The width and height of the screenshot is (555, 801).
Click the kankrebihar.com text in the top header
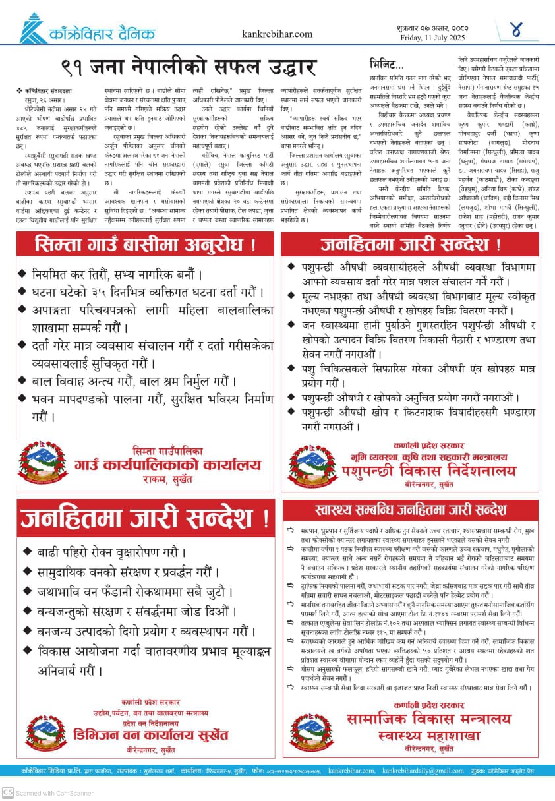coord(277,34)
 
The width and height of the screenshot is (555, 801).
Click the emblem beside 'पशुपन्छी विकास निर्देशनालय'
coord(312,464)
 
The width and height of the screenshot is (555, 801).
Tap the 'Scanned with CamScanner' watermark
coord(47,793)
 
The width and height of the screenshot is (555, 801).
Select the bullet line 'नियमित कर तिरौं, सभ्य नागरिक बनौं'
coord(118,274)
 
